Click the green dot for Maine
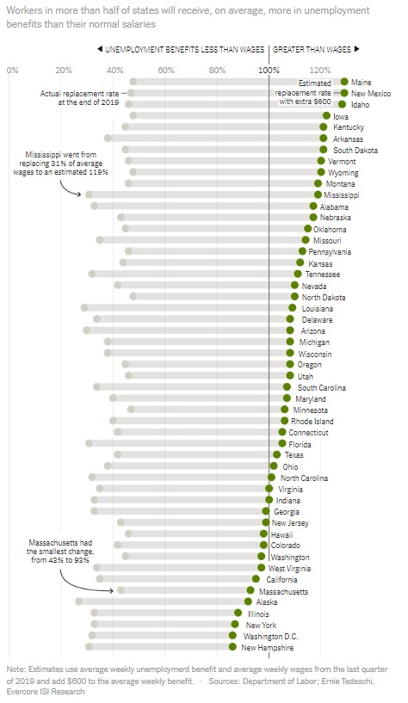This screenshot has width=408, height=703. pyautogui.click(x=344, y=82)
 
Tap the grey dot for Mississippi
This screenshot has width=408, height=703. pyautogui.click(x=89, y=194)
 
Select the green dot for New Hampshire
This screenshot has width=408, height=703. pyautogui.click(x=232, y=647)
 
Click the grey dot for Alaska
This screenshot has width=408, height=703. pyautogui.click(x=79, y=601)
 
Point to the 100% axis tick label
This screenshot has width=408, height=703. pyautogui.click(x=269, y=70)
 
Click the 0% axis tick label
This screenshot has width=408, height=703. pyautogui.click(x=13, y=70)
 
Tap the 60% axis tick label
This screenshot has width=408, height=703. pyautogui.click(x=166, y=70)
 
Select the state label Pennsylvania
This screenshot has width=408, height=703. pyautogui.click(x=330, y=252)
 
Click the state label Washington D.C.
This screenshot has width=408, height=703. pyautogui.click(x=271, y=636)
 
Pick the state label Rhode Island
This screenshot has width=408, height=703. pyautogui.click(x=312, y=421)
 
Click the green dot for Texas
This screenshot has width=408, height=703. pyautogui.click(x=276, y=454)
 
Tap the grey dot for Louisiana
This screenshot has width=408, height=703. pyautogui.click(x=84, y=307)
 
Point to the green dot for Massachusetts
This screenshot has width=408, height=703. pyautogui.click(x=250, y=590)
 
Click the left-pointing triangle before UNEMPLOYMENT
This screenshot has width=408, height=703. pyautogui.click(x=100, y=49)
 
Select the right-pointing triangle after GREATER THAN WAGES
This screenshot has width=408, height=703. pyautogui.click(x=357, y=49)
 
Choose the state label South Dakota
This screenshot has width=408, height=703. pyautogui.click(x=355, y=151)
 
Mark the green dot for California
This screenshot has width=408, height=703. pyautogui.click(x=256, y=579)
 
